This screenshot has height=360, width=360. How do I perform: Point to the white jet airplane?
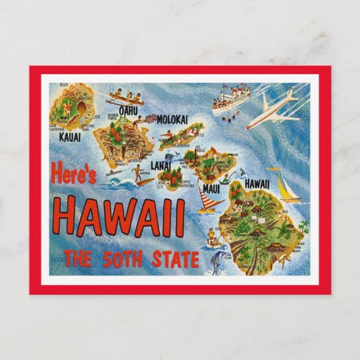point(272,111)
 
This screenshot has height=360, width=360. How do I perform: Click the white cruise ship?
point(230,97)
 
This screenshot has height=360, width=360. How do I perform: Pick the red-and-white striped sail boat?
point(210,201)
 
